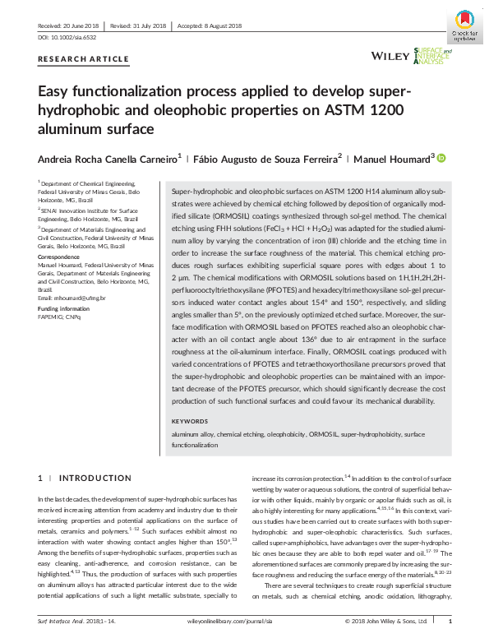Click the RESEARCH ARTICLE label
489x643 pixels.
84,59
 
